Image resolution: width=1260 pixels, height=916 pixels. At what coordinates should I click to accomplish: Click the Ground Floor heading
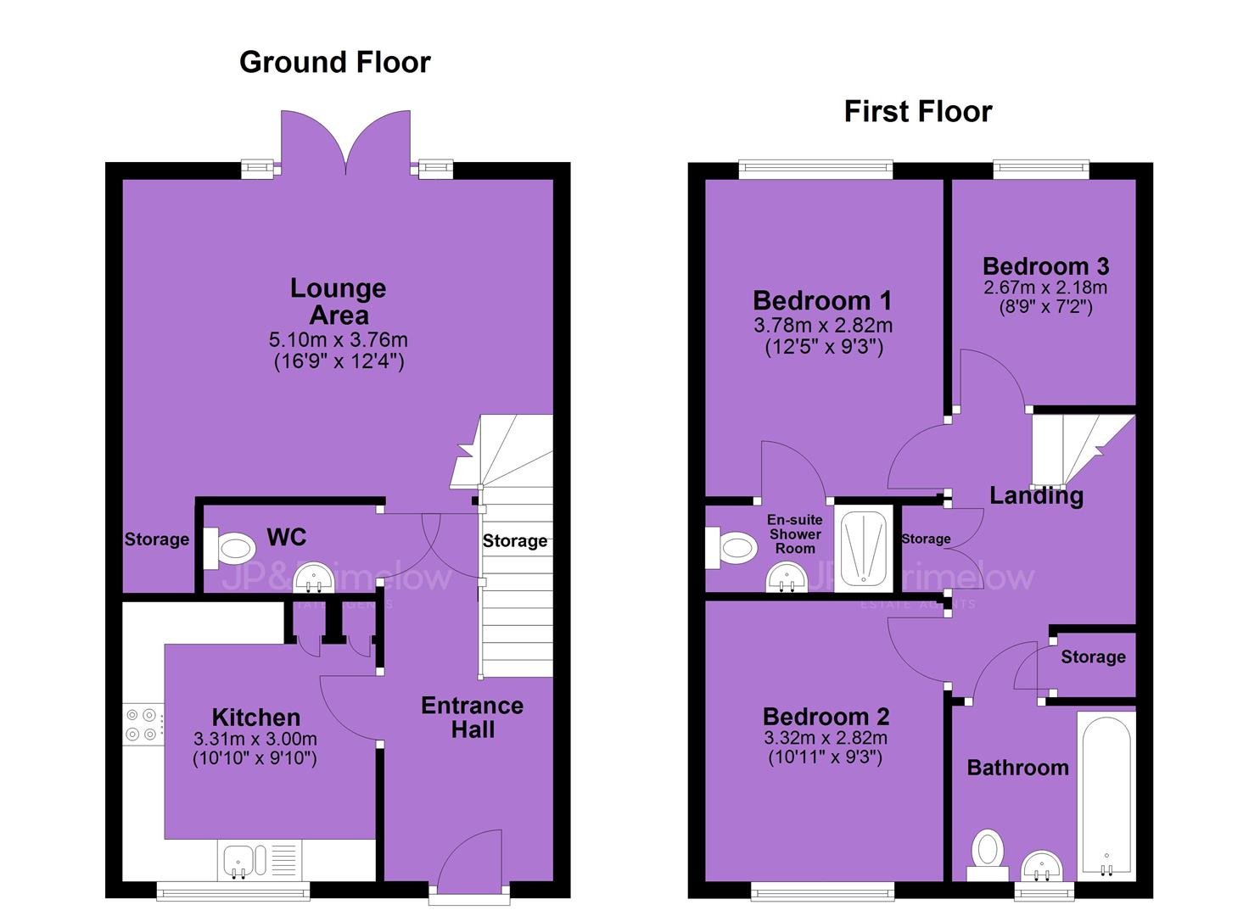(x=334, y=62)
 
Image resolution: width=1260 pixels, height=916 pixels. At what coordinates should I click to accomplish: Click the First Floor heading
(x=918, y=111)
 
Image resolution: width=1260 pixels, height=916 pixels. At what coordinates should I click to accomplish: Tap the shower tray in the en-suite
(x=864, y=548)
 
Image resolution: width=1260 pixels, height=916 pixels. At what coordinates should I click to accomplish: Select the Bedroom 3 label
(x=1045, y=266)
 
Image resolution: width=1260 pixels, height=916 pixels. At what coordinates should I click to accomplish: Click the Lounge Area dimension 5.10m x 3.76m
(x=339, y=339)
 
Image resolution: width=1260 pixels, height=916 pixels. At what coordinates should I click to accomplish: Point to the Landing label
(x=1036, y=495)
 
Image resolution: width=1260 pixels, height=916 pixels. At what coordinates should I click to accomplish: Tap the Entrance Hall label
(x=473, y=718)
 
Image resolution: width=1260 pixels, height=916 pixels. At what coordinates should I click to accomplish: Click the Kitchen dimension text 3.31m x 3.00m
(x=255, y=738)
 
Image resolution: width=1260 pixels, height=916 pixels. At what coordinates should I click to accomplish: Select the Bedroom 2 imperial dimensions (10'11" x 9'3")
(x=826, y=757)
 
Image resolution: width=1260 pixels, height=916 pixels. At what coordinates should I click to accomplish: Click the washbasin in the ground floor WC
(x=315, y=577)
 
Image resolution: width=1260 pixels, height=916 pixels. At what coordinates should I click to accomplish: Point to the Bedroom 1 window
(x=815, y=170)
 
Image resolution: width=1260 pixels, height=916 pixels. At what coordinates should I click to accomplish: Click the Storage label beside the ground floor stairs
(x=515, y=540)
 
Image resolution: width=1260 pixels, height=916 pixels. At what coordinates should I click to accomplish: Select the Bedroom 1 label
(x=822, y=301)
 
